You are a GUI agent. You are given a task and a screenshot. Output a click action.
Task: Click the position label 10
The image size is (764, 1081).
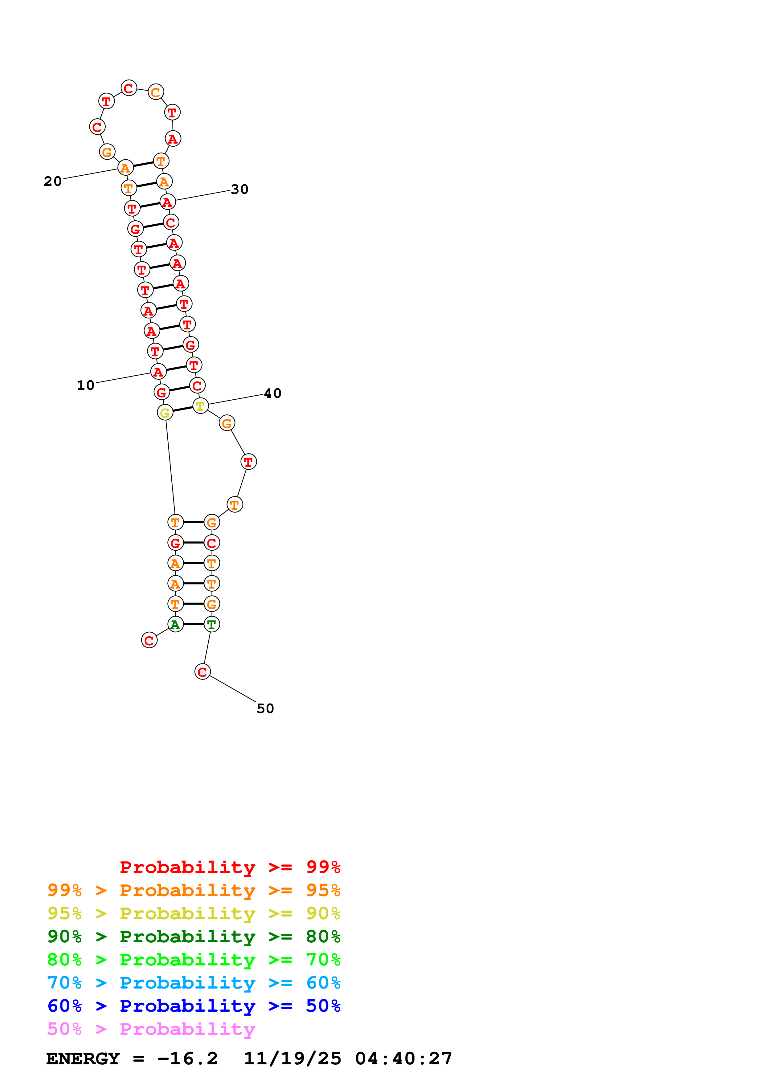coord(86,385)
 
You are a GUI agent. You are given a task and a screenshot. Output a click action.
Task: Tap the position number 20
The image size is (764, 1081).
coord(53,182)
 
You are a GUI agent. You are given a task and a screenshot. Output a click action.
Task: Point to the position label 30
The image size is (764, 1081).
coord(239,190)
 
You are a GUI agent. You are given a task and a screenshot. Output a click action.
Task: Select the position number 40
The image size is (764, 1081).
coord(272,394)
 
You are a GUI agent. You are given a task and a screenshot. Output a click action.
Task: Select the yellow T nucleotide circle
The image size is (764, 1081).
coord(201,406)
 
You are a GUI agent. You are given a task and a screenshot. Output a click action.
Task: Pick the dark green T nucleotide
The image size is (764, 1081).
coord(212,624)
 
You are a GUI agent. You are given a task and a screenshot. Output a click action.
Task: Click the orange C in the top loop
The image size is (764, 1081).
coord(156,92)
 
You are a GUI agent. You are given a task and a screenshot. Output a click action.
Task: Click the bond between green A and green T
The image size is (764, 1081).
coord(194,624)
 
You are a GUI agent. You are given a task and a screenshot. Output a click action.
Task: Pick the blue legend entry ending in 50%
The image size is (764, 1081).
coord(194,1006)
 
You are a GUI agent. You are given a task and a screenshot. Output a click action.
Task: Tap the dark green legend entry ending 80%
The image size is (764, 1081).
coord(194,936)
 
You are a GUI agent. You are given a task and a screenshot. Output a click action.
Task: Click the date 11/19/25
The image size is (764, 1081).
coord(292,1059)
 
